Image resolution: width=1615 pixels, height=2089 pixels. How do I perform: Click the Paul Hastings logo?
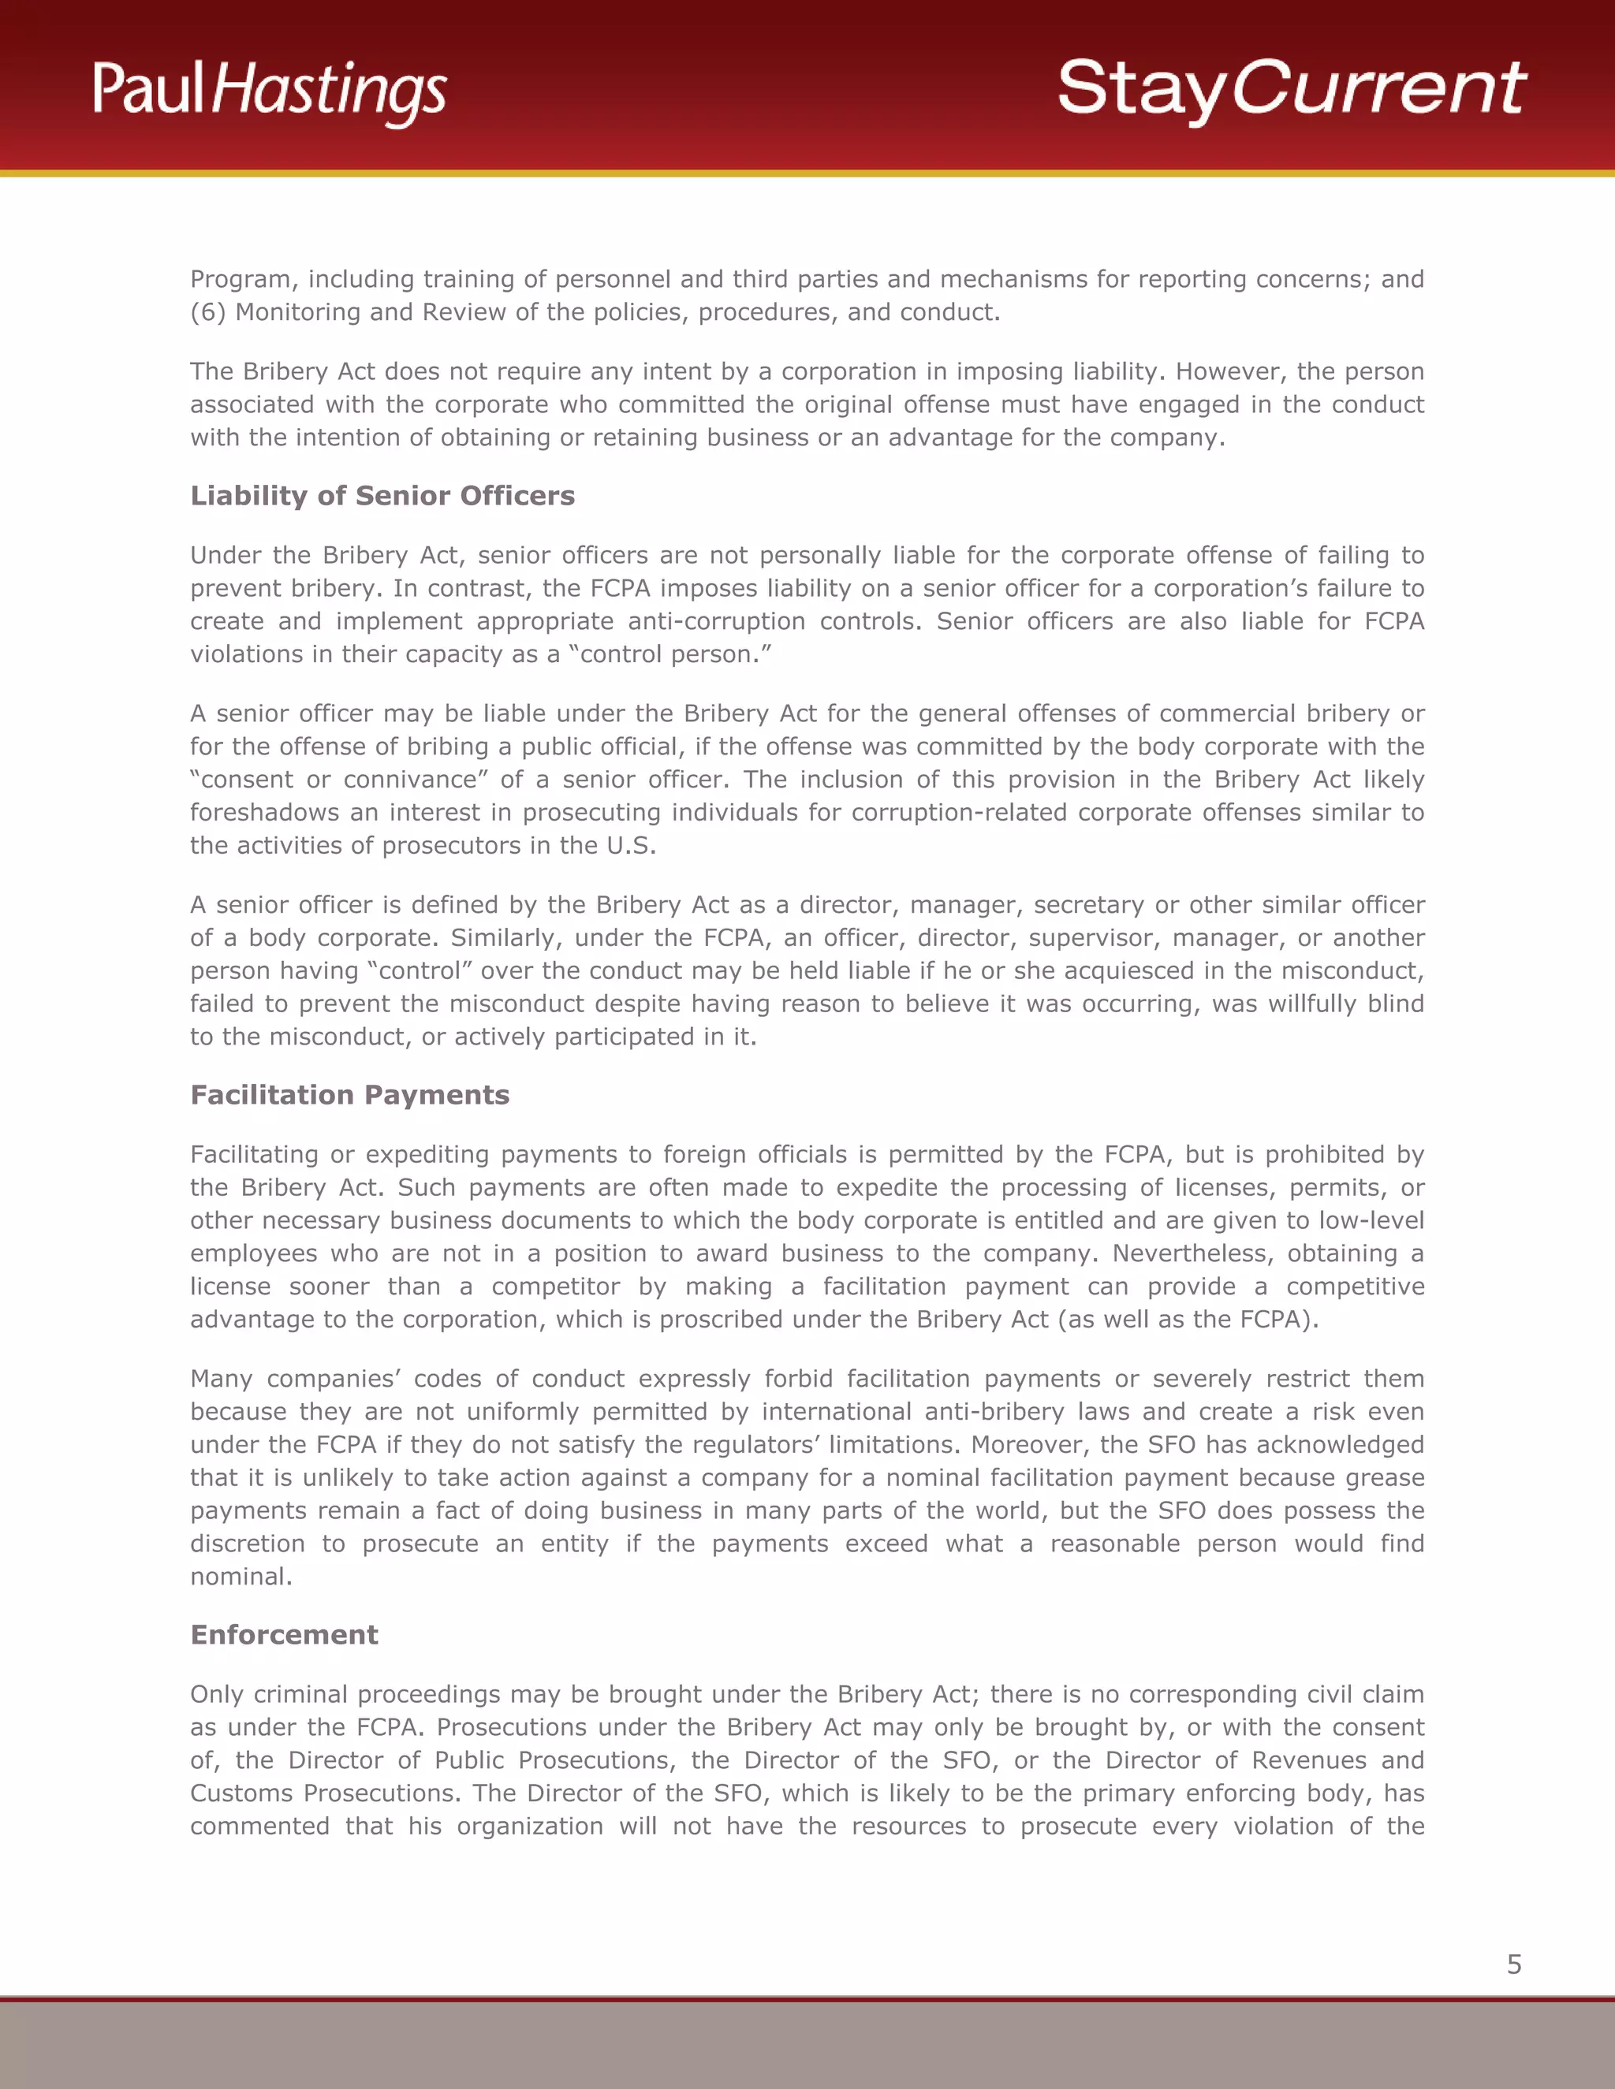pyautogui.click(x=270, y=90)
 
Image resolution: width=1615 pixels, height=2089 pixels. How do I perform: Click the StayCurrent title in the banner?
pyautogui.click(x=1291, y=88)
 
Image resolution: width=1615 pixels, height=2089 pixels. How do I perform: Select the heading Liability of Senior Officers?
pyautogui.click(x=382, y=496)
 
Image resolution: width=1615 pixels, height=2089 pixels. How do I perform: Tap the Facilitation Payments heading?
pyautogui.click(x=349, y=1094)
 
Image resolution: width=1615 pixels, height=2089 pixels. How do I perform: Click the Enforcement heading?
pyautogui.click(x=284, y=1635)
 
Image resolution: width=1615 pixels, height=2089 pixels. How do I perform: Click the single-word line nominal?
pyautogui.click(x=241, y=1577)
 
